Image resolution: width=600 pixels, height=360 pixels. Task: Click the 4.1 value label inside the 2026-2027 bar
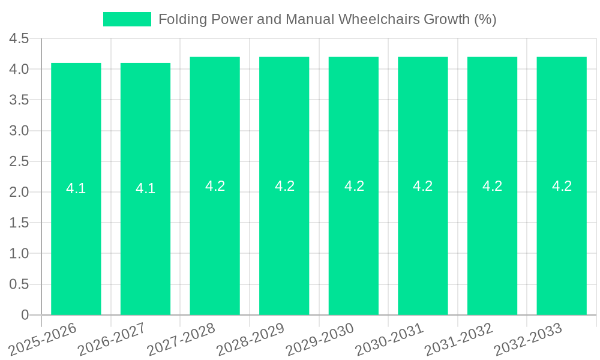pos(145,188)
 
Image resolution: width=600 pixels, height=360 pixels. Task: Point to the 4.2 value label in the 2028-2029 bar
pos(284,186)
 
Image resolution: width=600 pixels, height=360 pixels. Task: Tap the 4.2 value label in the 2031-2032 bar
pos(492,186)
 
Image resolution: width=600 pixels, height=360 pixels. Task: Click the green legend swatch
pos(127,19)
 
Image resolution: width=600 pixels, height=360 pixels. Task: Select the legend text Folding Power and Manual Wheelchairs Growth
pos(327,19)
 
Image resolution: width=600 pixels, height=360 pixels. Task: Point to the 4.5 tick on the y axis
pos(19,39)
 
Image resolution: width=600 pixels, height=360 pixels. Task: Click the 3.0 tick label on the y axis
pos(19,131)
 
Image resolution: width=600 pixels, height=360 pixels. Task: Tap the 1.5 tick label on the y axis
pos(19,223)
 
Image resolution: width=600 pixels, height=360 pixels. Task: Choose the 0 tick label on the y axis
pos(25,315)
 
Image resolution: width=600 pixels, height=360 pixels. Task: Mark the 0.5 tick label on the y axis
pos(19,284)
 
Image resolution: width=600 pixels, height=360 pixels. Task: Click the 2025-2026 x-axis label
pos(43,339)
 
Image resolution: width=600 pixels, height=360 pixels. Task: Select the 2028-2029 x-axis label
pos(251,339)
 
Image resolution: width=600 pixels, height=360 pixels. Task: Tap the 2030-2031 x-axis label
pos(390,339)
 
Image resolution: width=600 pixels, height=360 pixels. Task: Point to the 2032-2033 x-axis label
pos(528,339)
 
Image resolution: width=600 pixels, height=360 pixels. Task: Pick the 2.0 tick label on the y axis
pos(19,193)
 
